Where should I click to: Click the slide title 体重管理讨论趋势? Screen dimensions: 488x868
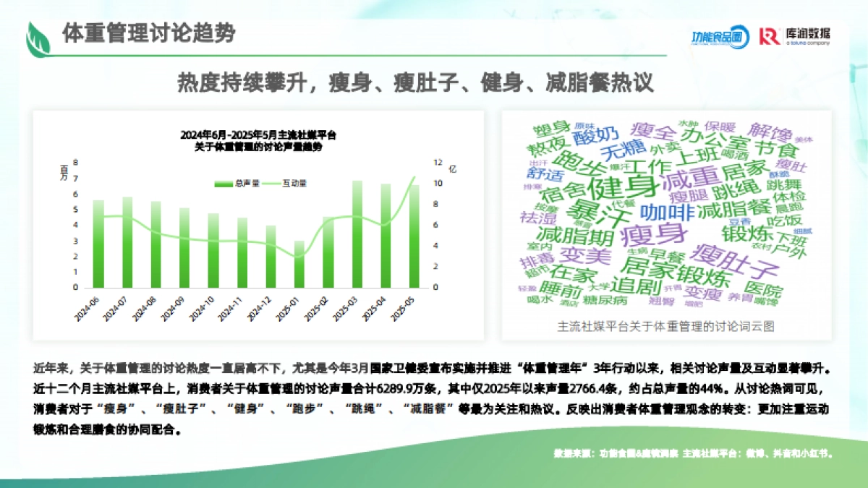(x=148, y=34)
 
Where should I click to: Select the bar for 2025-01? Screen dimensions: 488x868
(x=299, y=264)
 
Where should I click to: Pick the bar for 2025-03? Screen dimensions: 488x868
(x=357, y=234)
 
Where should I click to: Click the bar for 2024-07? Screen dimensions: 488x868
(x=127, y=242)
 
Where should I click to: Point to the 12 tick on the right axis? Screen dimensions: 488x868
(x=437, y=163)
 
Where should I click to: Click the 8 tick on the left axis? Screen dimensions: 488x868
(x=75, y=163)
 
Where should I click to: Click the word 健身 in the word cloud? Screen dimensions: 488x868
(x=622, y=186)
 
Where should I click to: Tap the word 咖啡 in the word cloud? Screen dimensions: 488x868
(x=666, y=212)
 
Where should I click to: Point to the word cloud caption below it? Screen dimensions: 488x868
(x=666, y=327)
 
